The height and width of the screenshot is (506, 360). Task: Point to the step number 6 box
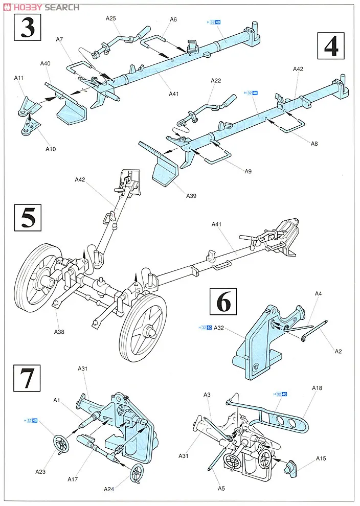coord(223,302)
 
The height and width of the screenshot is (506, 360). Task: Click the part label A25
coord(111,18)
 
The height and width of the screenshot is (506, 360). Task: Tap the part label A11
coord(18,79)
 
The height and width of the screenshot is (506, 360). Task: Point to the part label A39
coord(192,195)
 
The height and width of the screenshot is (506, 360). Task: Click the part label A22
coord(215,80)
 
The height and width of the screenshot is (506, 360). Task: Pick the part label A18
coord(317,388)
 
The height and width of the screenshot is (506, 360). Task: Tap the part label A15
coord(321,458)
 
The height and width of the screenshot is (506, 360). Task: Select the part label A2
coord(338,351)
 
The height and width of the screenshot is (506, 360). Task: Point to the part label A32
coord(219,328)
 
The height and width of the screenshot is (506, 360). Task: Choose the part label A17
coord(73,479)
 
